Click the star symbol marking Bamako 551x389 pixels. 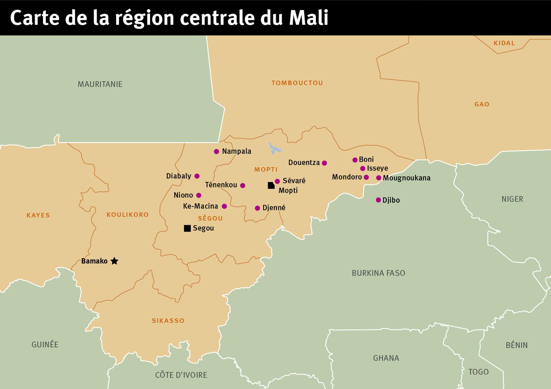[x=114, y=261]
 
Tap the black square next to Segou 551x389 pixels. [x=187, y=228]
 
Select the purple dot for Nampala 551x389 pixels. [x=216, y=152]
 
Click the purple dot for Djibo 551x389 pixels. [x=378, y=200]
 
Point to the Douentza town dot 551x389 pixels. [x=324, y=163]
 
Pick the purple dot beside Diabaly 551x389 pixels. [x=197, y=176]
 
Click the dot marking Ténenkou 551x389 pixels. [x=243, y=185]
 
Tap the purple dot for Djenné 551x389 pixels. [x=257, y=208]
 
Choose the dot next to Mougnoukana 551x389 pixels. [x=379, y=178]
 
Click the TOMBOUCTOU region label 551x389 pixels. [x=297, y=83]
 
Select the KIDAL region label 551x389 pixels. [x=504, y=43]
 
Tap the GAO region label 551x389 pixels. [x=482, y=104]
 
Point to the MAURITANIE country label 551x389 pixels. [x=100, y=84]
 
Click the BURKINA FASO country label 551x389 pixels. [x=378, y=273]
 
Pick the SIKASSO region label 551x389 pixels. [x=168, y=321]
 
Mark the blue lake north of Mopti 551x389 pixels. [x=274, y=148]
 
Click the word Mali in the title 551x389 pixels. [x=309, y=18]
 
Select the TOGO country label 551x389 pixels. [x=478, y=372]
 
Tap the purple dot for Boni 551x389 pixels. [x=355, y=160]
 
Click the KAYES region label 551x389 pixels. [x=38, y=215]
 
